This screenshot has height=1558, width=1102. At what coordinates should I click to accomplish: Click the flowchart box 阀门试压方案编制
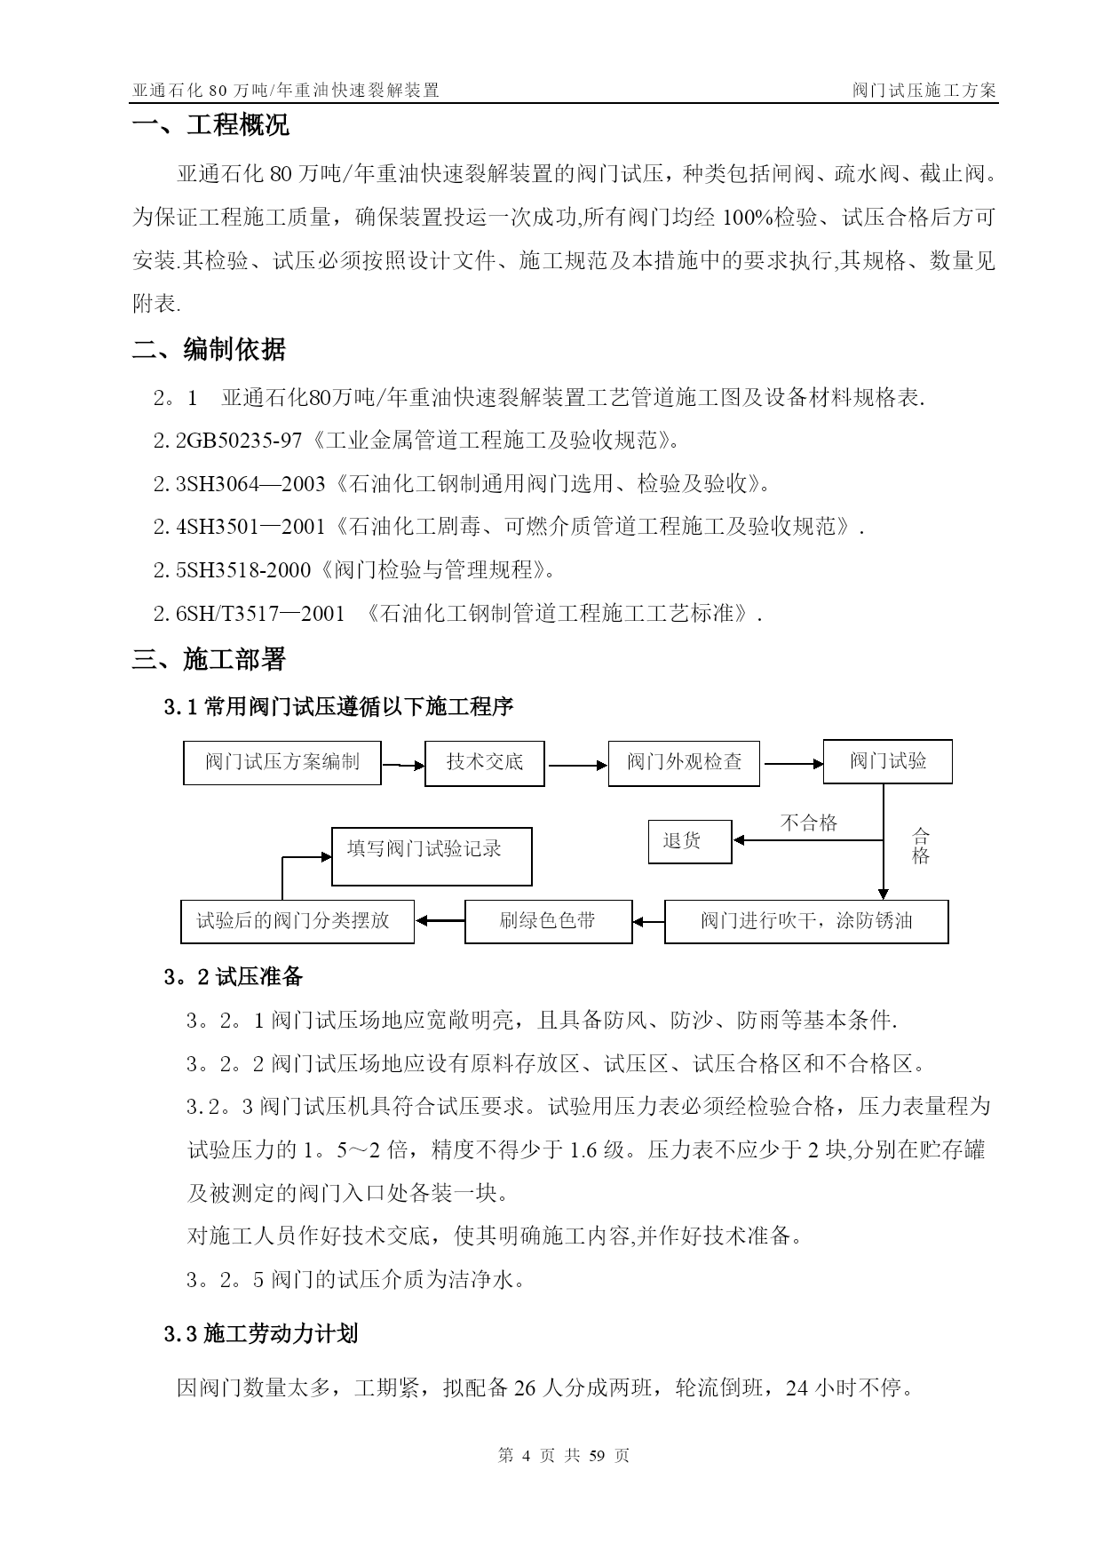coord(282,762)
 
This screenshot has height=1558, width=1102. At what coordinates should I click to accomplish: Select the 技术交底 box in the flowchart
coord(484,762)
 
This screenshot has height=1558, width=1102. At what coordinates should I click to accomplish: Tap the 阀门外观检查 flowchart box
coord(684,762)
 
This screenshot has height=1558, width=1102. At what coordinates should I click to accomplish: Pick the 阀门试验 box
coord(887,761)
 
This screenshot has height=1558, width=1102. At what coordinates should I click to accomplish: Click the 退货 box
coord(690,841)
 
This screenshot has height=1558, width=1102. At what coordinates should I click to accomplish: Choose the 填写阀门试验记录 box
coord(432,856)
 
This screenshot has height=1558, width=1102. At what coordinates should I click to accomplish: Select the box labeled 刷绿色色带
coord(549,921)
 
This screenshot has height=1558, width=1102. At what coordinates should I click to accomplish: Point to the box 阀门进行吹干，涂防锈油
coord(806,921)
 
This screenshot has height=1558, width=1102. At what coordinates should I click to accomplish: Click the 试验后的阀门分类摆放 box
coord(297,921)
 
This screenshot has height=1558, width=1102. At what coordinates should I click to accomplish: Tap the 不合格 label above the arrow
coord(809,823)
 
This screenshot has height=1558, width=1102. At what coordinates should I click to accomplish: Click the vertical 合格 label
coord(921,846)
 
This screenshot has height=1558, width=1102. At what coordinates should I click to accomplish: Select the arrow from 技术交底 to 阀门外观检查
coord(576,765)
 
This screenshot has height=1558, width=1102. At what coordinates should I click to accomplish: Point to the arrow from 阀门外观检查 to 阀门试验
coord(791,762)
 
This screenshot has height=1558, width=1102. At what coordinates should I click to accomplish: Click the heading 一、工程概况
coord(211,125)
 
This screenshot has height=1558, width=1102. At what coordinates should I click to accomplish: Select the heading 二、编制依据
coord(210,350)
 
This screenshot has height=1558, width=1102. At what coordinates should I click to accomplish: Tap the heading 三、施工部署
coord(210,660)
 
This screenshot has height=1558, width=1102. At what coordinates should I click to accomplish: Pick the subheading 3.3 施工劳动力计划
coord(261,1334)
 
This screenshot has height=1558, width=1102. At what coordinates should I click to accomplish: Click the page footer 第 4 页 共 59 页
coord(564,1456)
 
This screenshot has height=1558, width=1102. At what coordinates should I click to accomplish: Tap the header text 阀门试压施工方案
coord(924,91)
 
